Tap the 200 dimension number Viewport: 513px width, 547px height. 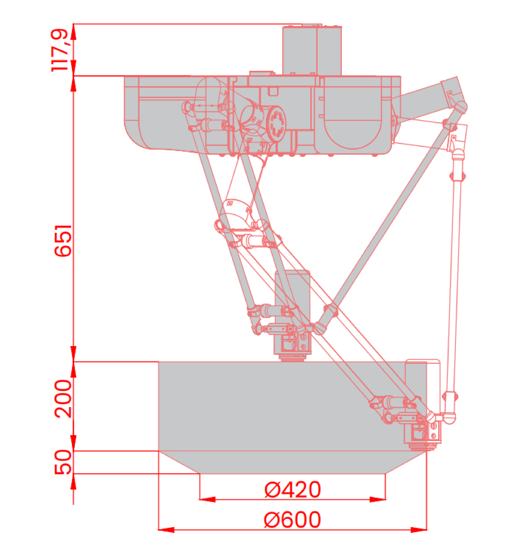(63, 399)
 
